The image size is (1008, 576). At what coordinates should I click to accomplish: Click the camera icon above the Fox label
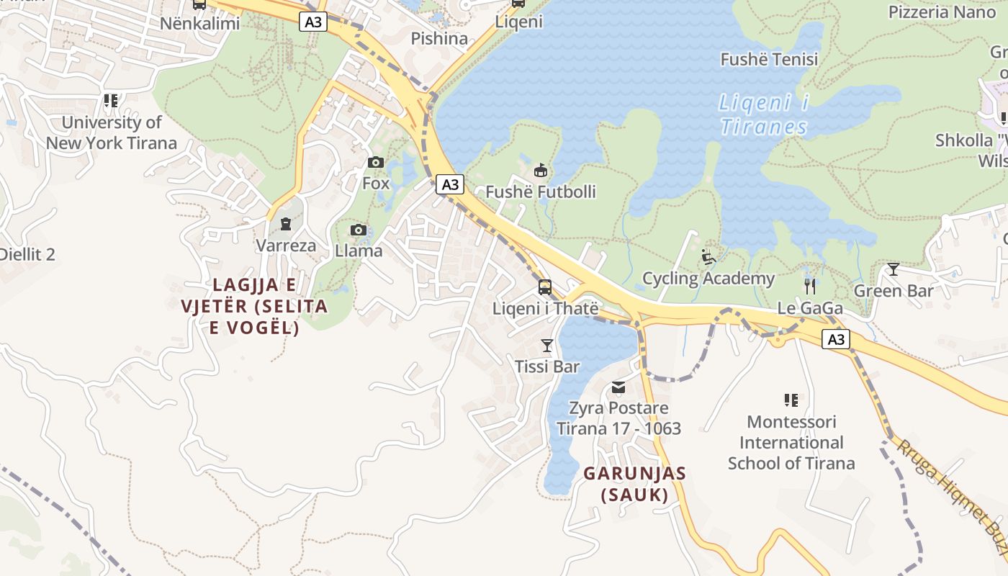(376, 163)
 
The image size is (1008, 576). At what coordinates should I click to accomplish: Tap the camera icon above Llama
(359, 230)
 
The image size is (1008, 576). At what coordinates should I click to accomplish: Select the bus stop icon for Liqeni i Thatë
(545, 287)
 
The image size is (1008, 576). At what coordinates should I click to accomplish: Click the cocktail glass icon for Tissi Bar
(547, 346)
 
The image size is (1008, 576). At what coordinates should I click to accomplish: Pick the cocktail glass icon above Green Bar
(894, 269)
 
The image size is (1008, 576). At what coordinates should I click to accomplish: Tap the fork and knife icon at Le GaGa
(810, 287)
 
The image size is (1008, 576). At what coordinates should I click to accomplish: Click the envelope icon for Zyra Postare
(618, 388)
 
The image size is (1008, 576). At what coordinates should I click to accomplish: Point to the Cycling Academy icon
(708, 257)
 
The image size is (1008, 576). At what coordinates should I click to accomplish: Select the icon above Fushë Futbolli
(540, 171)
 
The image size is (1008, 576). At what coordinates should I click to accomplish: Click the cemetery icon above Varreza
(286, 224)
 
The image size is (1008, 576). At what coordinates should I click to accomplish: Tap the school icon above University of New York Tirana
(110, 101)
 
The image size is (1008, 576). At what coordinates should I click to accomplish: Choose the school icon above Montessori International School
(791, 400)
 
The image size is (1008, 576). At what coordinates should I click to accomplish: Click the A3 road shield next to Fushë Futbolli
(450, 185)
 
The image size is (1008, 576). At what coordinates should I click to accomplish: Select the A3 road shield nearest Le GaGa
(836, 339)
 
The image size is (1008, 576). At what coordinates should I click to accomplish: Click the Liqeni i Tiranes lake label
(764, 115)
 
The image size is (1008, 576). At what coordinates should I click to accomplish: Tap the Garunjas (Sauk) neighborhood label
(634, 484)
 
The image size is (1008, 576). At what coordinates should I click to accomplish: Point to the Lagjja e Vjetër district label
(254, 306)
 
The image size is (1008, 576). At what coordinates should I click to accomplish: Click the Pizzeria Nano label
(942, 12)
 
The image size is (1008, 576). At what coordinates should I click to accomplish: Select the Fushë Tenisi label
(769, 60)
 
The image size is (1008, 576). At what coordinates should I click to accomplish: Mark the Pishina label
(439, 38)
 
